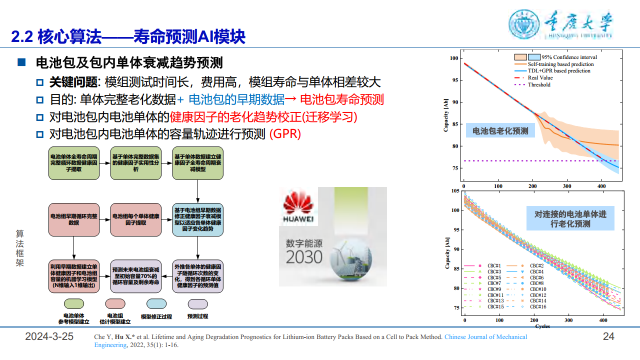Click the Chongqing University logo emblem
524,24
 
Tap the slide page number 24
608,336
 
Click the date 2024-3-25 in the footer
49,336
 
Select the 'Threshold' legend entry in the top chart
538,85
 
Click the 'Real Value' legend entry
540,78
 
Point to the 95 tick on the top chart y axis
454,80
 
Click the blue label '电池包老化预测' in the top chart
500,131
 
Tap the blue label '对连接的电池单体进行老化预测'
570,219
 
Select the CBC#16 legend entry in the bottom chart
537,306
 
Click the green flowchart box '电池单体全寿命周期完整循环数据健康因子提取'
74,163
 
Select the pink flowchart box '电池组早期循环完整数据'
74,219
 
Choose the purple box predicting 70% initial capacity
136,276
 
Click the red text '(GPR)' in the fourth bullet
285,134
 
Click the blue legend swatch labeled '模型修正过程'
156,303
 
